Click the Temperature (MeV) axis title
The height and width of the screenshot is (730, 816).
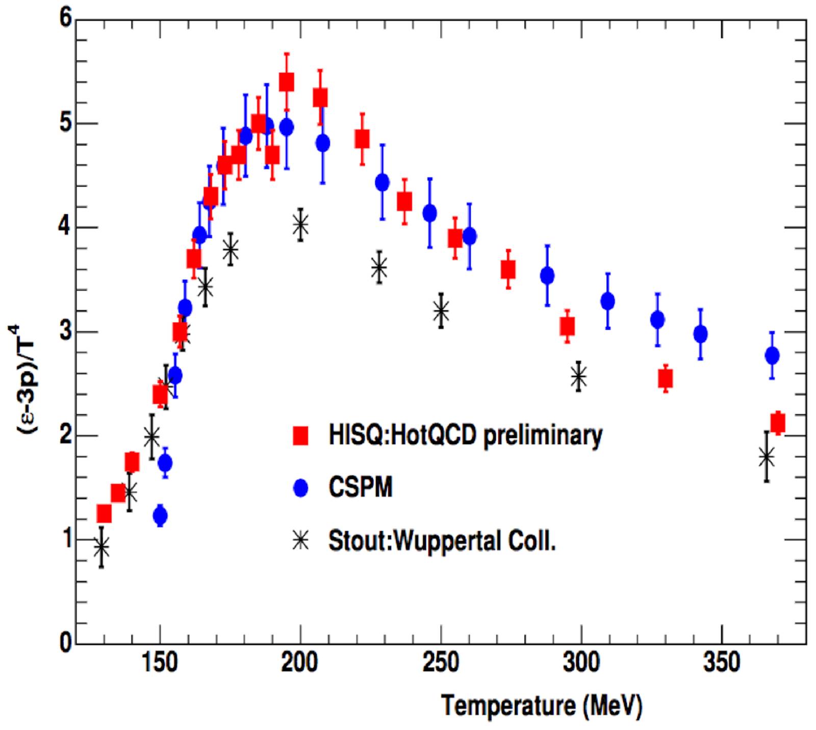[542, 706]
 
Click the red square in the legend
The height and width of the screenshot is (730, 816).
[301, 436]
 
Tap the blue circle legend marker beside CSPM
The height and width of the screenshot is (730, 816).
[301, 488]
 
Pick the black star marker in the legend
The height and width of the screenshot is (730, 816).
[301, 540]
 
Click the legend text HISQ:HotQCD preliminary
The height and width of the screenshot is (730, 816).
[465, 436]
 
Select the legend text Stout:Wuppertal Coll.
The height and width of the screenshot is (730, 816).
[442, 540]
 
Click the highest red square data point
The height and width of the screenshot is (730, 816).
[287, 82]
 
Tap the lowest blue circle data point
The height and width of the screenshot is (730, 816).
[160, 516]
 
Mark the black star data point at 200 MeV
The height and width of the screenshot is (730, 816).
[300, 224]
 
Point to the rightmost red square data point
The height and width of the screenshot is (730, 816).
[778, 423]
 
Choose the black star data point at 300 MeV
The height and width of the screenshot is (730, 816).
[579, 377]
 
